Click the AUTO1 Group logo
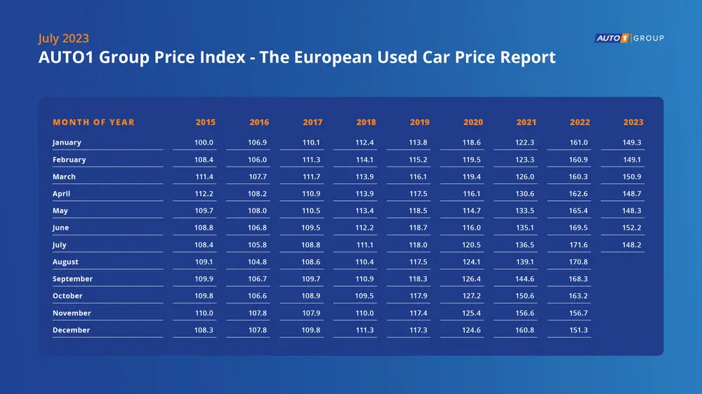[x=629, y=38]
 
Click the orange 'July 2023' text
[x=63, y=39]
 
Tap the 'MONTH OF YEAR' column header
[x=93, y=122]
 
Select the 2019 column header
[x=419, y=122]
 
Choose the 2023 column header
[x=633, y=122]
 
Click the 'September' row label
[x=72, y=279]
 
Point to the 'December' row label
[x=71, y=330]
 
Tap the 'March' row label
[x=64, y=177]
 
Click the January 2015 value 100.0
[x=204, y=143]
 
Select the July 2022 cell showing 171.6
[x=578, y=245]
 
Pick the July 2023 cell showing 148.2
[x=632, y=245]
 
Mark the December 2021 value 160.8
[x=525, y=330]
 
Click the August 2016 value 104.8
[x=258, y=262]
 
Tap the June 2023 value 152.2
[x=632, y=228]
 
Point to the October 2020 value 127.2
[x=472, y=296]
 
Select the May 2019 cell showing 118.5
[x=418, y=211]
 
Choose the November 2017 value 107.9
[x=311, y=313]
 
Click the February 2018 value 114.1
[x=365, y=160]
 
